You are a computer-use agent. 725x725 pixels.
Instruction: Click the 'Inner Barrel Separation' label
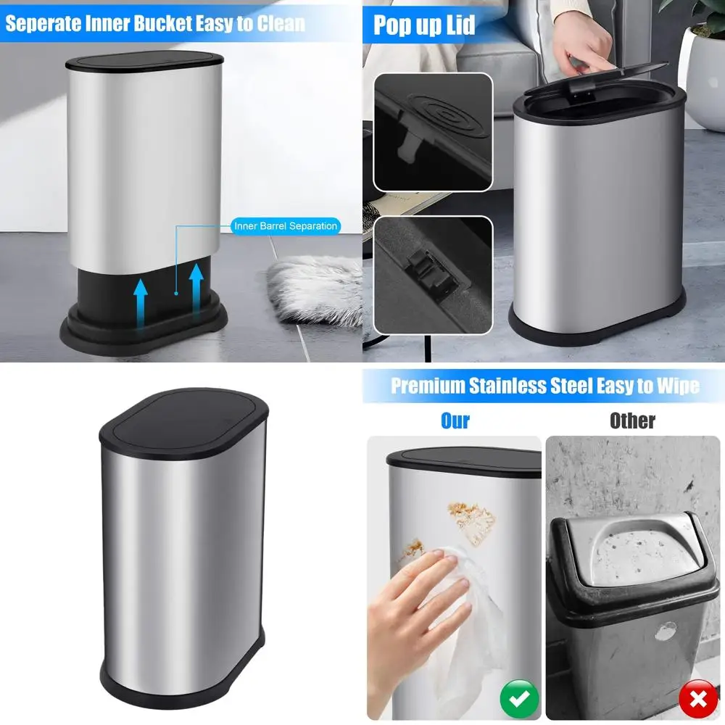pyautogui.click(x=286, y=226)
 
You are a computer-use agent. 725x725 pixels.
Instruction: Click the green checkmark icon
pyautogui.click(x=519, y=698)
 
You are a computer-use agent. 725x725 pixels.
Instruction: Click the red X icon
pyautogui.click(x=697, y=698)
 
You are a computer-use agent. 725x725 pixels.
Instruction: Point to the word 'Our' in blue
pyautogui.click(x=455, y=420)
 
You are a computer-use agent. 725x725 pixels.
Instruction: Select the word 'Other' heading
pyautogui.click(x=632, y=420)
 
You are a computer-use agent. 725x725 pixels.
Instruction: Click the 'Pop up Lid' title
pyautogui.click(x=424, y=25)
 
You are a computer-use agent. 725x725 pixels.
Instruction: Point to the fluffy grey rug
pyautogui.click(x=315, y=290)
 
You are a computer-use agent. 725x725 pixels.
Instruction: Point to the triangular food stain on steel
pyautogui.click(x=471, y=518)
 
